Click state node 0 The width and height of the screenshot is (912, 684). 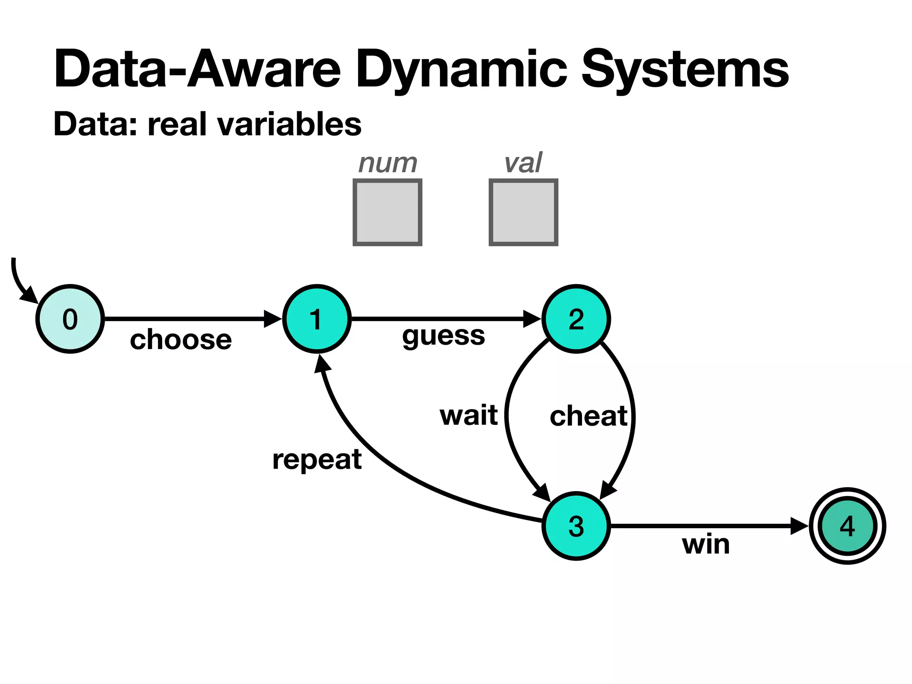click(70, 319)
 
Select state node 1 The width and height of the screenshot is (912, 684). click(317, 319)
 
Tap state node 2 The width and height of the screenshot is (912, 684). click(576, 319)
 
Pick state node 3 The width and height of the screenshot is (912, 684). click(576, 526)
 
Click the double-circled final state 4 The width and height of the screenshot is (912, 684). click(847, 526)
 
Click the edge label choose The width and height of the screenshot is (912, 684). click(181, 340)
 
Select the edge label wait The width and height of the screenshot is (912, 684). click(468, 415)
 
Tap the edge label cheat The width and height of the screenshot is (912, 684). click(588, 416)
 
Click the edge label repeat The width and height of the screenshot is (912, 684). click(317, 460)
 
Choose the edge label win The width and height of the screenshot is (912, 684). click(706, 544)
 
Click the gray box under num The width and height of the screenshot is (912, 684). click(387, 212)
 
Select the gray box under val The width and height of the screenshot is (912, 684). click(523, 212)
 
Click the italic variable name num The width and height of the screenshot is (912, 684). click(388, 163)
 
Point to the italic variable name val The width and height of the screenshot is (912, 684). click(523, 163)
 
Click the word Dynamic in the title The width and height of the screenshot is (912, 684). click(461, 70)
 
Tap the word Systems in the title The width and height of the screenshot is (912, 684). click(685, 70)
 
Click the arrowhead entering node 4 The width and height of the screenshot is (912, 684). click(799, 526)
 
